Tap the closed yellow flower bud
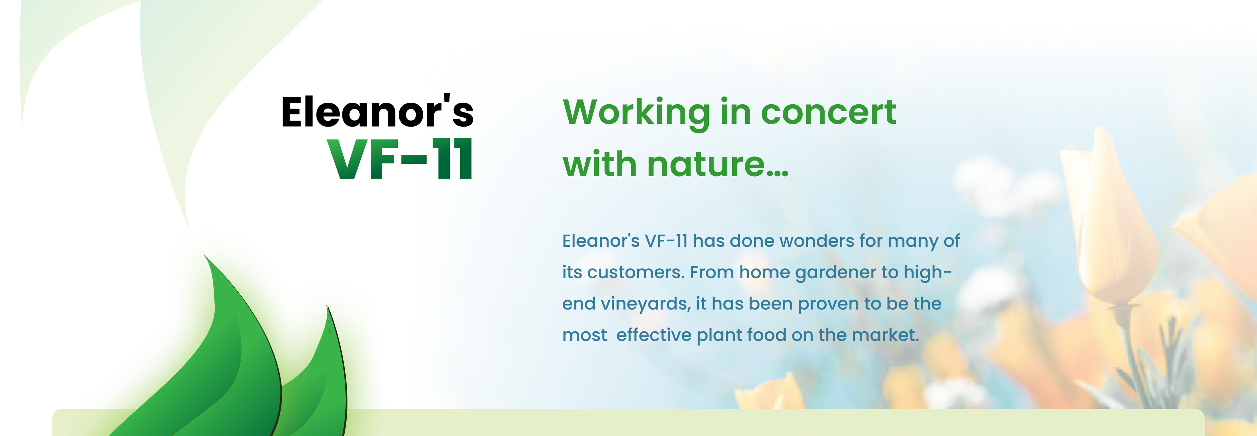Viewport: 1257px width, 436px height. pyautogui.click(x=1110, y=219)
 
